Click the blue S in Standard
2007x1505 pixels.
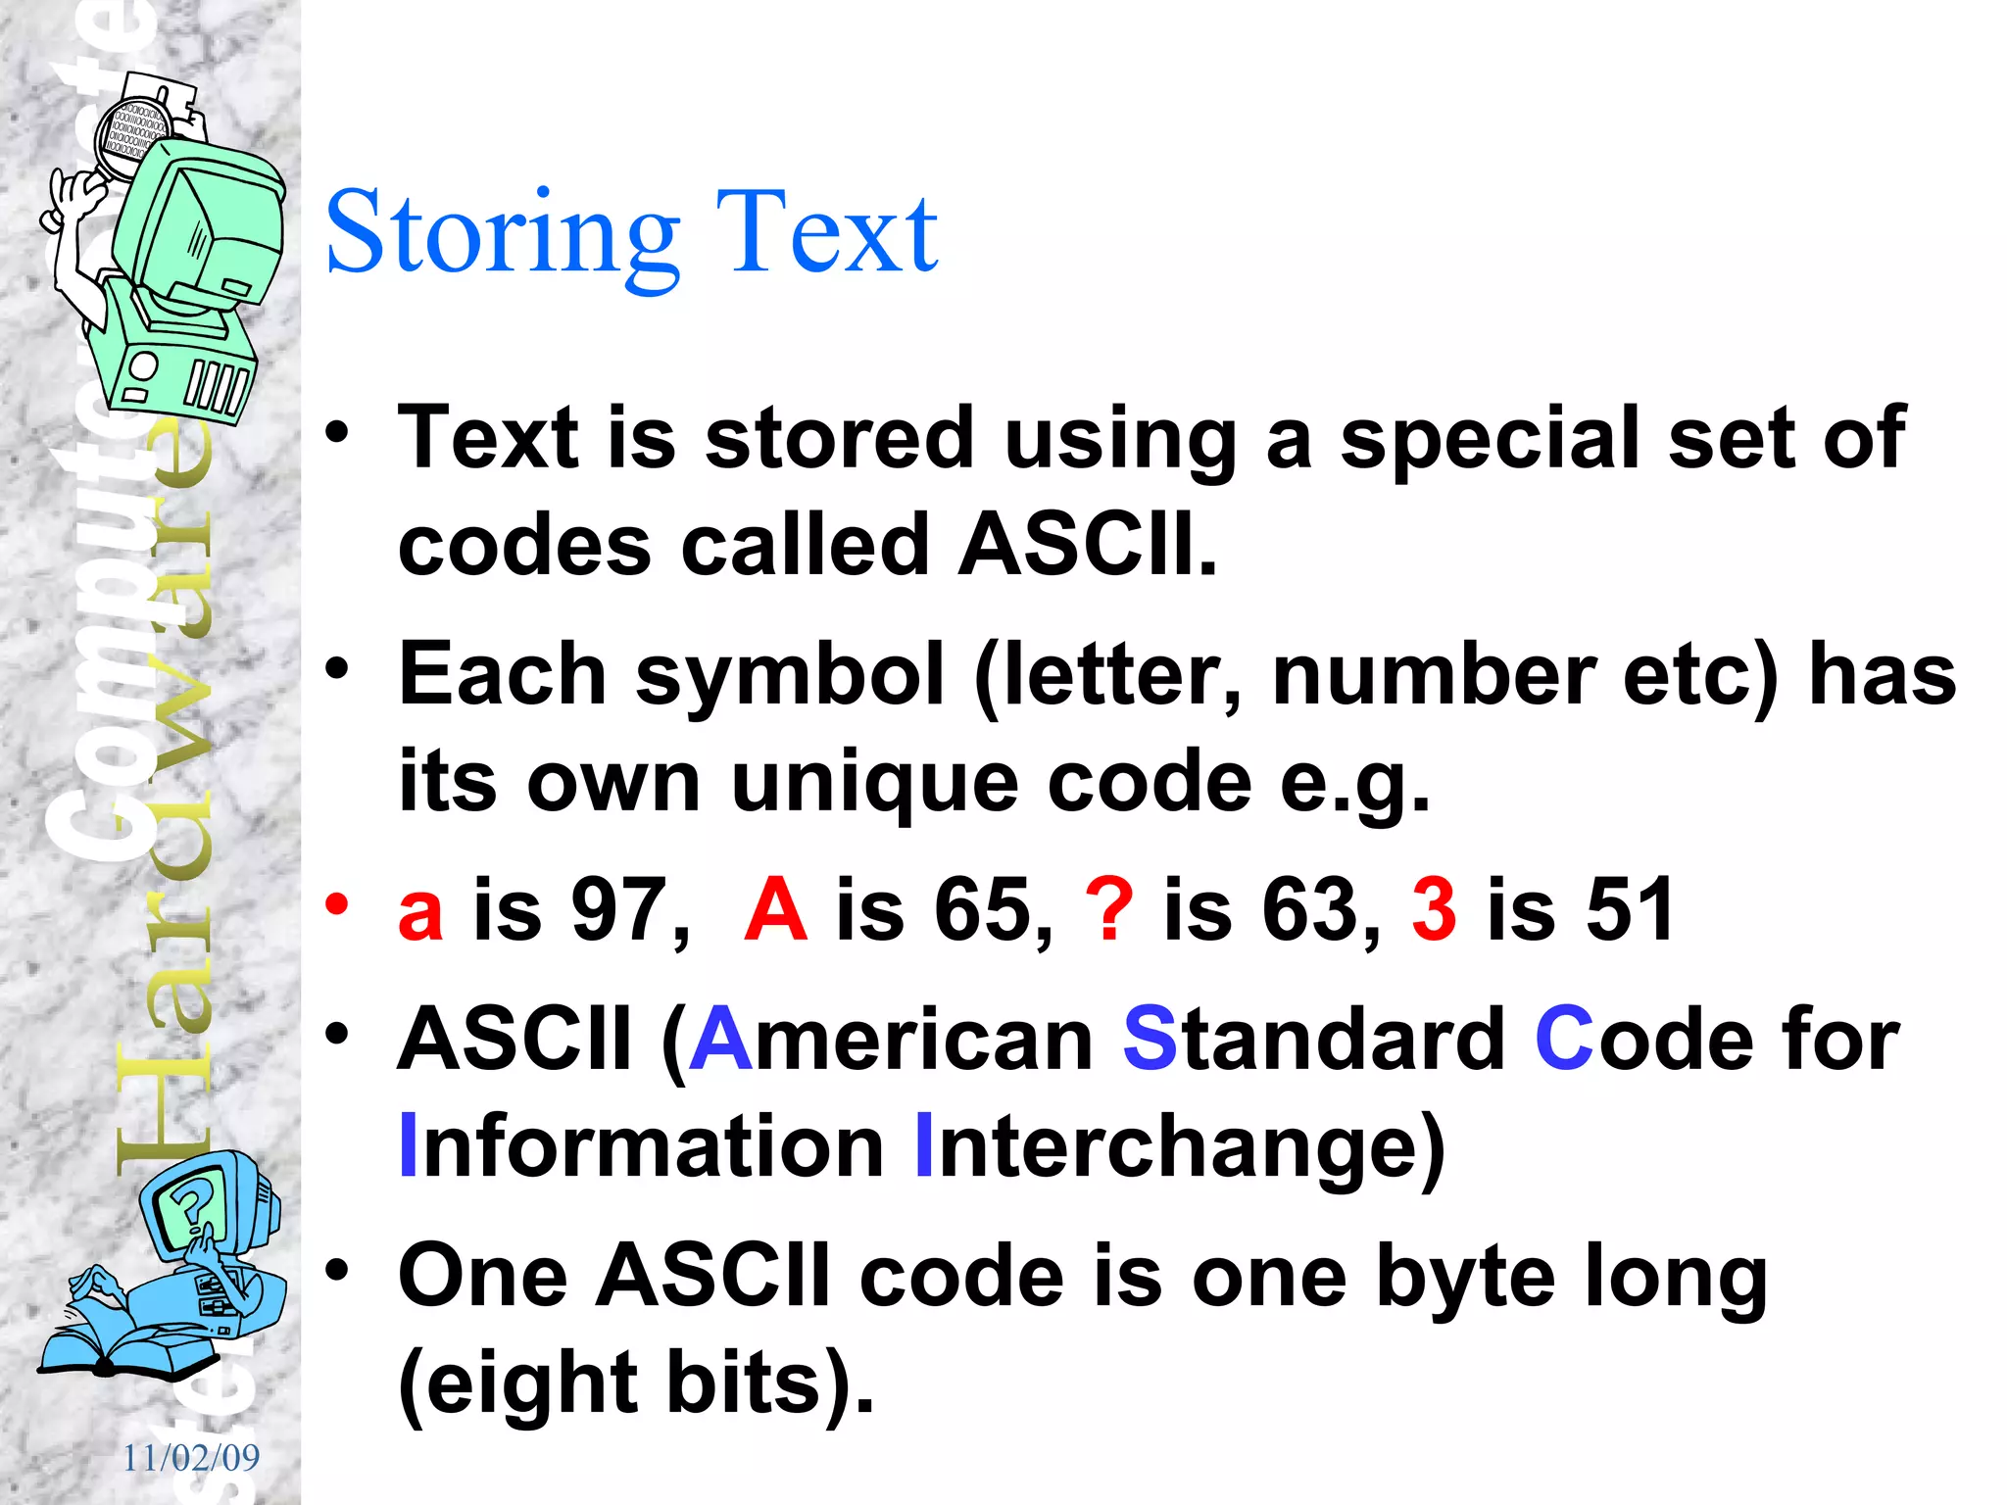(1150, 1039)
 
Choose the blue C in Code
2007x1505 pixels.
(1564, 1039)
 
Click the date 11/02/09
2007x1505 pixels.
(191, 1458)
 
